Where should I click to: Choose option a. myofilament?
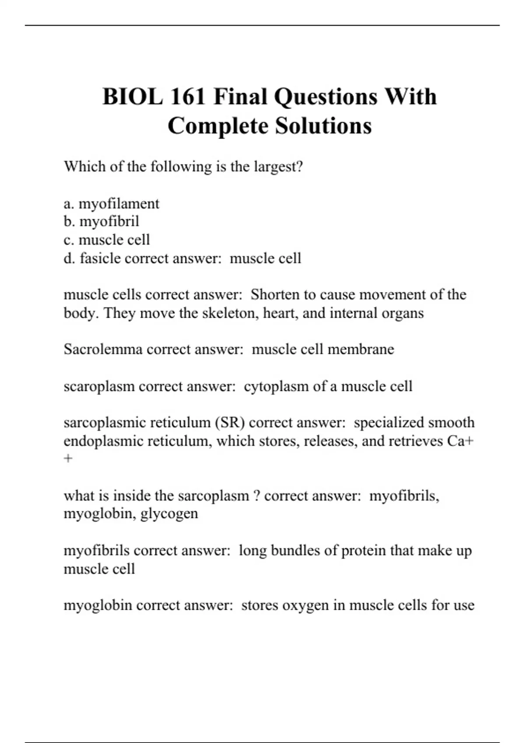[112, 204]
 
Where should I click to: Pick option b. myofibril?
[101, 222]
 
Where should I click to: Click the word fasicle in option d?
[100, 258]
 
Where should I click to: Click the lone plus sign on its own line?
[68, 459]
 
